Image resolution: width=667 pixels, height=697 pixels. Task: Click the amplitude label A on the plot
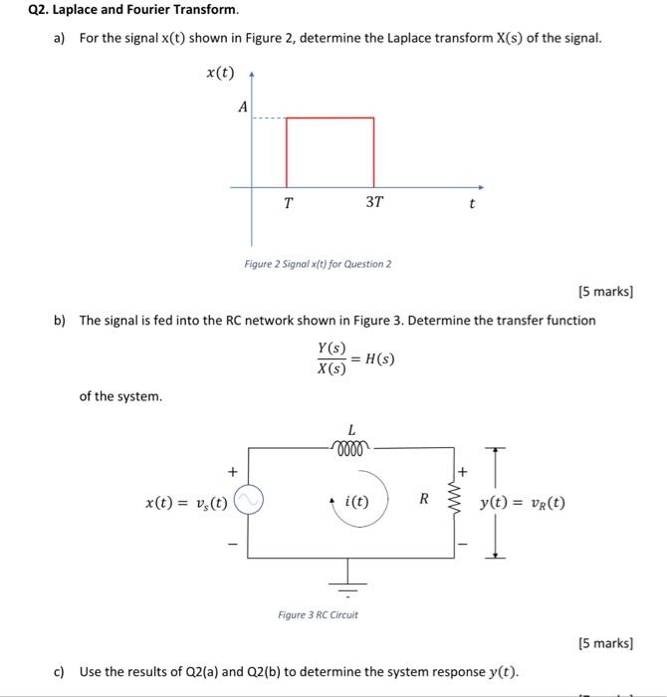tap(242, 109)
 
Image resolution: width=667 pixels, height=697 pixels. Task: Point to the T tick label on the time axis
tap(288, 203)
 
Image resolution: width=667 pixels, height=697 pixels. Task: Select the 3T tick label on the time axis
tap(373, 203)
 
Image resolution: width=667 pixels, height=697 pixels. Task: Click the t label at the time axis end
tap(472, 204)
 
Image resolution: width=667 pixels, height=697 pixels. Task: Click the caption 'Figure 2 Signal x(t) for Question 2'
tap(318, 264)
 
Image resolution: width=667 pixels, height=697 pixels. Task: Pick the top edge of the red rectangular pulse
tap(331, 118)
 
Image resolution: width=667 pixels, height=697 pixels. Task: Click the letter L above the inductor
tap(351, 429)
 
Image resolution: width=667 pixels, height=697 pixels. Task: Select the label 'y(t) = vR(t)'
tap(522, 503)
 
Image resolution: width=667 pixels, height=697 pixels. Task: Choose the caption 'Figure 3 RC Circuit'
tap(318, 614)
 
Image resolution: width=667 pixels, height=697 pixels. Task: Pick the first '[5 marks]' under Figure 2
tap(605, 292)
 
